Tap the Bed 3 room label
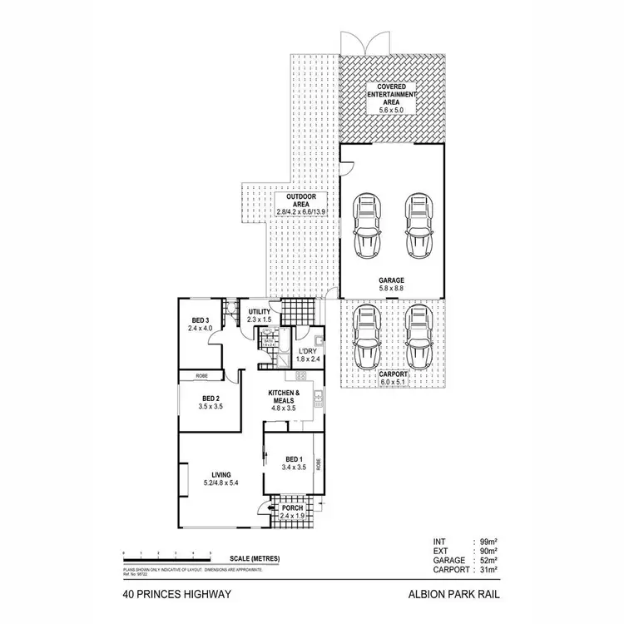point(200,319)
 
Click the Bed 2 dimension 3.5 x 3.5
point(210,407)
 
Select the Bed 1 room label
point(295,460)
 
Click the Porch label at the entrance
point(292,508)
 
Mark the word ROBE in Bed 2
point(201,376)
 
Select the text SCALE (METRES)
point(255,557)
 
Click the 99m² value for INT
point(488,542)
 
